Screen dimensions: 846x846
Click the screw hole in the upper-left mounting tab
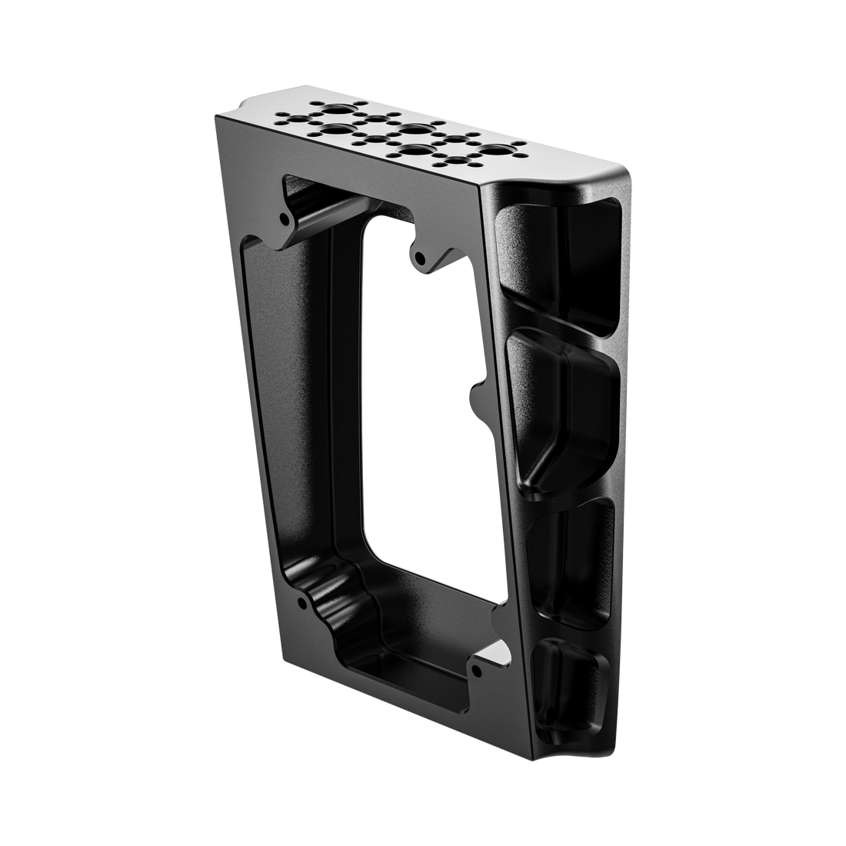(286, 219)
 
